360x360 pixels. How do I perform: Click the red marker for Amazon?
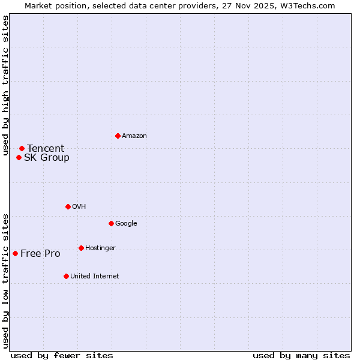(118, 136)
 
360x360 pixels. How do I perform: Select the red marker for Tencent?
(22, 148)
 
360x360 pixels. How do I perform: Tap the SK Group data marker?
(19, 157)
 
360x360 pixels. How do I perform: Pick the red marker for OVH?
(68, 206)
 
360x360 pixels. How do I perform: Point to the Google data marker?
(111, 223)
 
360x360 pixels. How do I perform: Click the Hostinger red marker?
(81, 248)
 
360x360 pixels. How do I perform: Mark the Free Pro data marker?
(15, 253)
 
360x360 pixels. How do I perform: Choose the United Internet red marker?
(66, 276)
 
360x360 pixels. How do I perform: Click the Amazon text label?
(134, 136)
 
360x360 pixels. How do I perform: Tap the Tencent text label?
(46, 149)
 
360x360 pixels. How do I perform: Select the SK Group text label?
(47, 158)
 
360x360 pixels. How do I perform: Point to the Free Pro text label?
(40, 254)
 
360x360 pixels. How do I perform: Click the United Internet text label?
(95, 277)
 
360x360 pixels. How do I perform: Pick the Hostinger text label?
(100, 248)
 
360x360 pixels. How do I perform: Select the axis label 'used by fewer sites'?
(62, 355)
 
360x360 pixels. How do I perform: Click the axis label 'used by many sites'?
(301, 355)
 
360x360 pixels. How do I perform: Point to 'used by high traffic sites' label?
(5, 86)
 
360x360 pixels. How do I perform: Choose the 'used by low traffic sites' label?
(5, 281)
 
